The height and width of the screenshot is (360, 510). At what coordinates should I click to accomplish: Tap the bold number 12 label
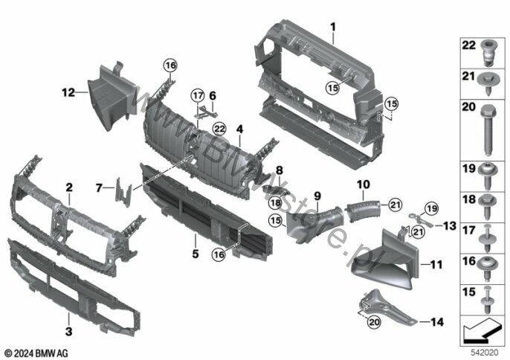click(x=68, y=93)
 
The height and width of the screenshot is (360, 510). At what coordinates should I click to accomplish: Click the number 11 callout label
click(x=436, y=263)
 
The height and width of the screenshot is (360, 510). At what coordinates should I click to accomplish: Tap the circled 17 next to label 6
click(x=196, y=95)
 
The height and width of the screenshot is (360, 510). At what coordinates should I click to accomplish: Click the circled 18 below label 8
click(x=274, y=203)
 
